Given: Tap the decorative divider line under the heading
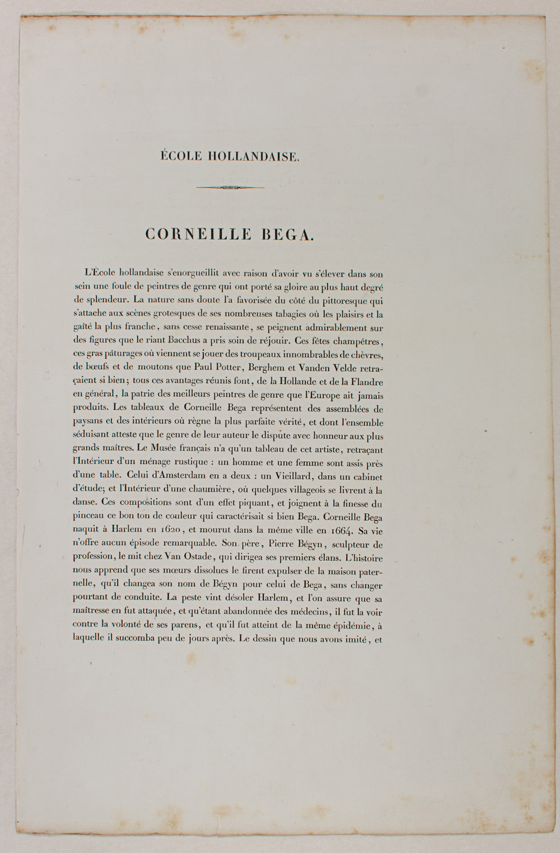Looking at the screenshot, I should (x=231, y=188).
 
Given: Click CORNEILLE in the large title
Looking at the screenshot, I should (x=198, y=234).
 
